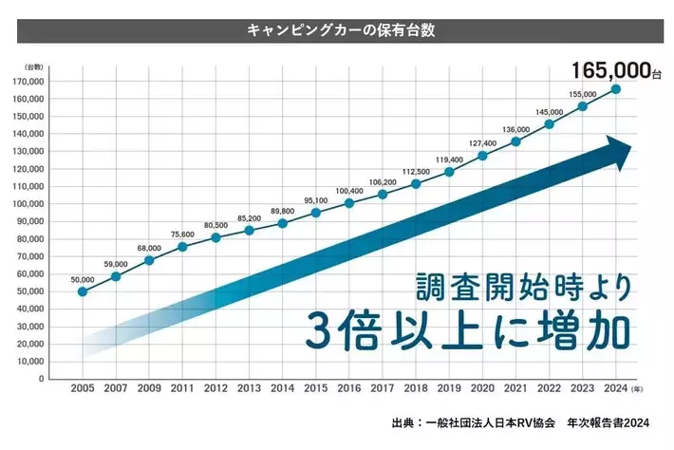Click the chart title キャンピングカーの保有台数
coord(338,30)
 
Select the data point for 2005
coord(83,291)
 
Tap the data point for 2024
coord(616,89)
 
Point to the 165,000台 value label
coord(612,69)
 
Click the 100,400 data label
coord(348,192)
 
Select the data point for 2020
coord(482,155)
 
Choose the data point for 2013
coord(249,230)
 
